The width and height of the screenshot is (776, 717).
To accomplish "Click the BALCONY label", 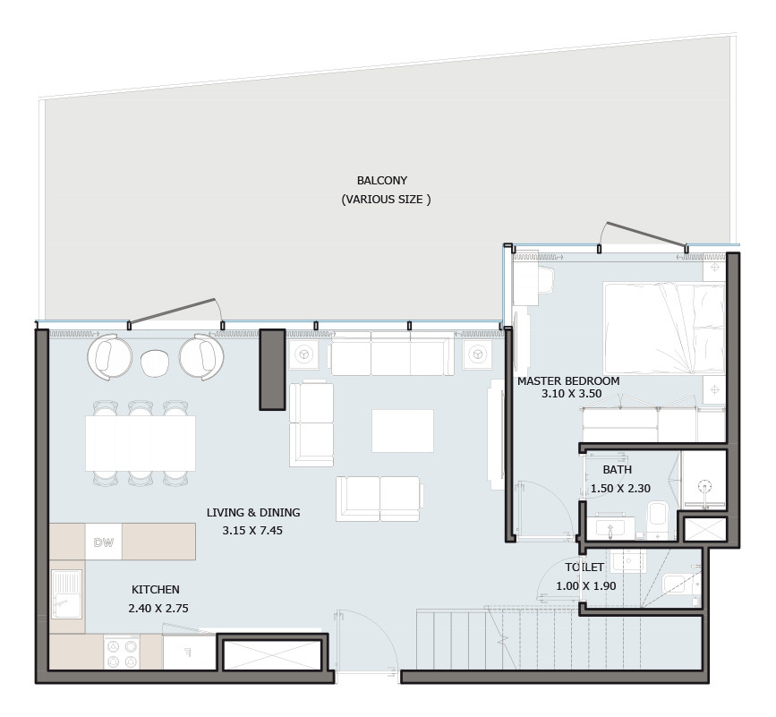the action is click(x=382, y=181).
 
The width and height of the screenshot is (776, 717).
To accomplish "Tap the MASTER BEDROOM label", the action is click(x=568, y=381).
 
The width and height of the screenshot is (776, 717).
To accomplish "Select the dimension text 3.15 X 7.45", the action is click(x=252, y=531).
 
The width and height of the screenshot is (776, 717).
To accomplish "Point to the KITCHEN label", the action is click(x=156, y=589).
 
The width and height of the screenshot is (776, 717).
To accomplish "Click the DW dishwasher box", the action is click(x=104, y=542).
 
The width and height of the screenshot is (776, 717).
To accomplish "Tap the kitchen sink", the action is click(x=66, y=593).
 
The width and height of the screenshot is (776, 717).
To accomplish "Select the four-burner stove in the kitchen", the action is click(x=122, y=653).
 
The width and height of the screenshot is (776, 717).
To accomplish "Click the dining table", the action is click(x=140, y=443).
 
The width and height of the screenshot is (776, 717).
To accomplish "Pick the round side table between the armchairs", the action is click(x=155, y=363).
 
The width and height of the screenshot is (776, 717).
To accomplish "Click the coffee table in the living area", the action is click(x=403, y=431).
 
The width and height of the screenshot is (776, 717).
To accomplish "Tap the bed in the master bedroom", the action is click(x=664, y=328).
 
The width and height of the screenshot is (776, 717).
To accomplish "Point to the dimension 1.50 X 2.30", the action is click(x=620, y=489).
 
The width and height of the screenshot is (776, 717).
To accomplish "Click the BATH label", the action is click(x=618, y=470).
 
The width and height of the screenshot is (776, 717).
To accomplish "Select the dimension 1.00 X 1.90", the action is click(x=586, y=586).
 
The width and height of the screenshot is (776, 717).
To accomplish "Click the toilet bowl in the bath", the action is click(x=658, y=515).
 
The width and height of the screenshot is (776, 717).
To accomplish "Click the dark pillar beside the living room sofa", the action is click(x=273, y=370).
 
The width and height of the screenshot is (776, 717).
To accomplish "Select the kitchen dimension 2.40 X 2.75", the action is click(x=158, y=608).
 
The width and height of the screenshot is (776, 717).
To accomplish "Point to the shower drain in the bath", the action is click(x=704, y=487).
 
